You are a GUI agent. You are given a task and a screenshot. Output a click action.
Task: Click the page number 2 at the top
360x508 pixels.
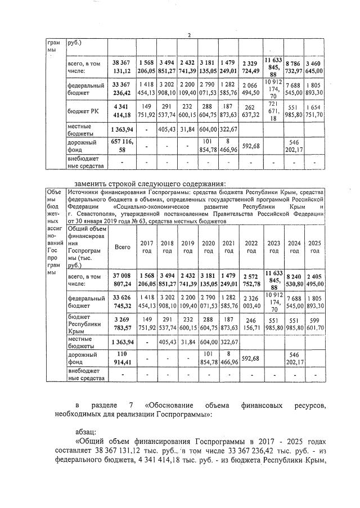pyautogui.click(x=189, y=35)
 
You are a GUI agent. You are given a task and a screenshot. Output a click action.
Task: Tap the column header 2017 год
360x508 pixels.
pyautogui.click(x=146, y=246)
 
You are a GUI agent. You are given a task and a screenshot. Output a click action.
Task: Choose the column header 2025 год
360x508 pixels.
pyautogui.click(x=316, y=246)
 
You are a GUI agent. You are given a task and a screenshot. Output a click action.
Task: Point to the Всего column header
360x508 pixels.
pyautogui.click(x=121, y=246)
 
